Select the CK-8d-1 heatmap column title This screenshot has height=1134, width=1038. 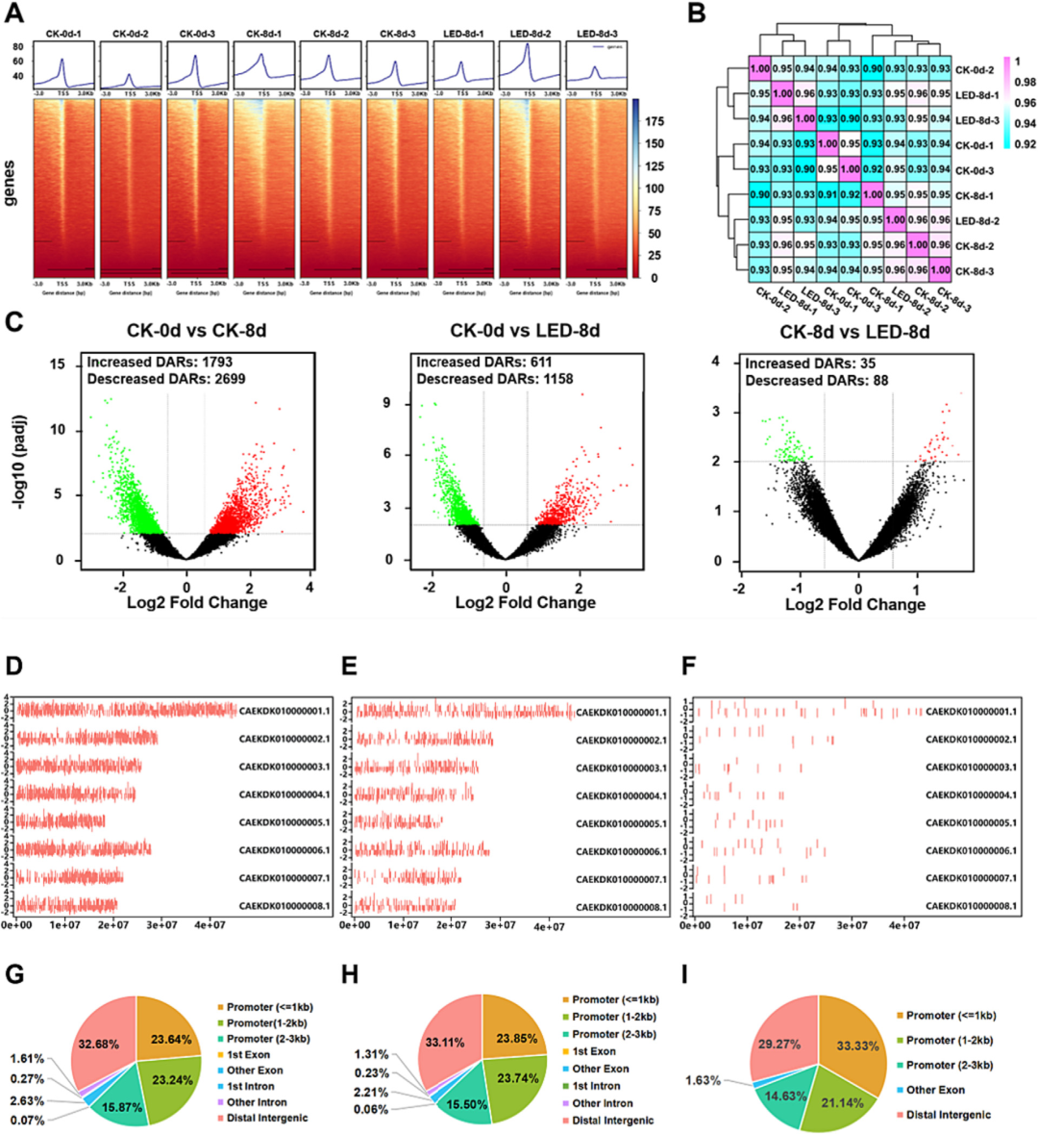[x=263, y=34]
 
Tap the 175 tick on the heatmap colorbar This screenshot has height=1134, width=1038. [x=654, y=122]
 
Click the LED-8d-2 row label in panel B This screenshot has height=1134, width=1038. [x=977, y=221]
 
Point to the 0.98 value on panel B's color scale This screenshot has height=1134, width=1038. [x=1026, y=83]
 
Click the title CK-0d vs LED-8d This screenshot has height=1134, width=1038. [x=525, y=331]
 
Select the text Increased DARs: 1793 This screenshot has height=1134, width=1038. [x=160, y=363]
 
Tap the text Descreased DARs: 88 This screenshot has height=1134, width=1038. [x=816, y=380]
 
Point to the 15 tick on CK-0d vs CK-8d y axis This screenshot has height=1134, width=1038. [x=58, y=365]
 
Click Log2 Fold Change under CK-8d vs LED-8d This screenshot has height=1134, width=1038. [x=855, y=604]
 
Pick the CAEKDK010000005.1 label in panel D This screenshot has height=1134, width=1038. [x=284, y=822]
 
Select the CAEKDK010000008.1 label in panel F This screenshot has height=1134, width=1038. [x=971, y=906]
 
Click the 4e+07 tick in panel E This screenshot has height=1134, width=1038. [x=549, y=926]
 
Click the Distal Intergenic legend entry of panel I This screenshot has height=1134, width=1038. [x=949, y=1116]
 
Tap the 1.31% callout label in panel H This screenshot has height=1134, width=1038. [x=370, y=1054]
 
